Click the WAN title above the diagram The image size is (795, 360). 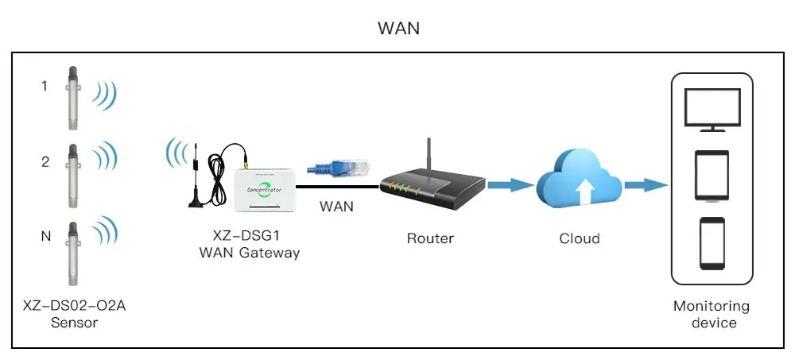click(398, 28)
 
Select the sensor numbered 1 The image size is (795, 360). click(72, 97)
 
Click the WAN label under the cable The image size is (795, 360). click(336, 207)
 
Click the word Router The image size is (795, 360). click(430, 238)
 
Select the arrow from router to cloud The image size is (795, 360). click(510, 185)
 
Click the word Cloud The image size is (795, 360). click(580, 238)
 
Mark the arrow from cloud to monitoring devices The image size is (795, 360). click(645, 185)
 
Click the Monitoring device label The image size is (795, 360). click(711, 314)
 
